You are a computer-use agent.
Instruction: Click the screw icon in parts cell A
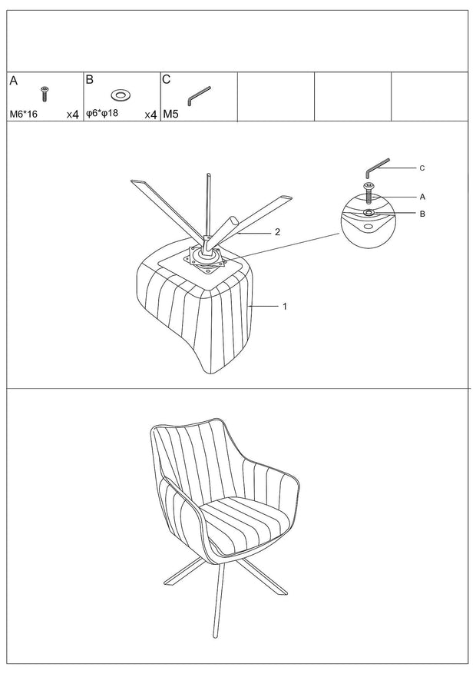45,94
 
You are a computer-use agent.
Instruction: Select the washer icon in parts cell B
121,94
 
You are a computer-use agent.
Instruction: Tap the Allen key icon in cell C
199,95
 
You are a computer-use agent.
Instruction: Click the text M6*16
24,115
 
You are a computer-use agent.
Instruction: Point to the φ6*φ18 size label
102,114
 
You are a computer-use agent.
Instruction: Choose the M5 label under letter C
171,115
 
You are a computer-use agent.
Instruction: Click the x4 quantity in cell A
72,115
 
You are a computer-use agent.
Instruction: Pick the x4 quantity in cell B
150,115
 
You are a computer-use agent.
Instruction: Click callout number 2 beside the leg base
277,232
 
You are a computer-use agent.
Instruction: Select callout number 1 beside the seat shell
285,307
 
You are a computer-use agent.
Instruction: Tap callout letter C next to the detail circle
422,168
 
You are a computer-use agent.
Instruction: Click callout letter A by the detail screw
422,197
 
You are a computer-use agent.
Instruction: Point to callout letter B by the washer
422,214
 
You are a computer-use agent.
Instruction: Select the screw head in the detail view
369,185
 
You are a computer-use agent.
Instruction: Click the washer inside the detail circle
369,213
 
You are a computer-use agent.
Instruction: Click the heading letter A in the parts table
14,81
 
